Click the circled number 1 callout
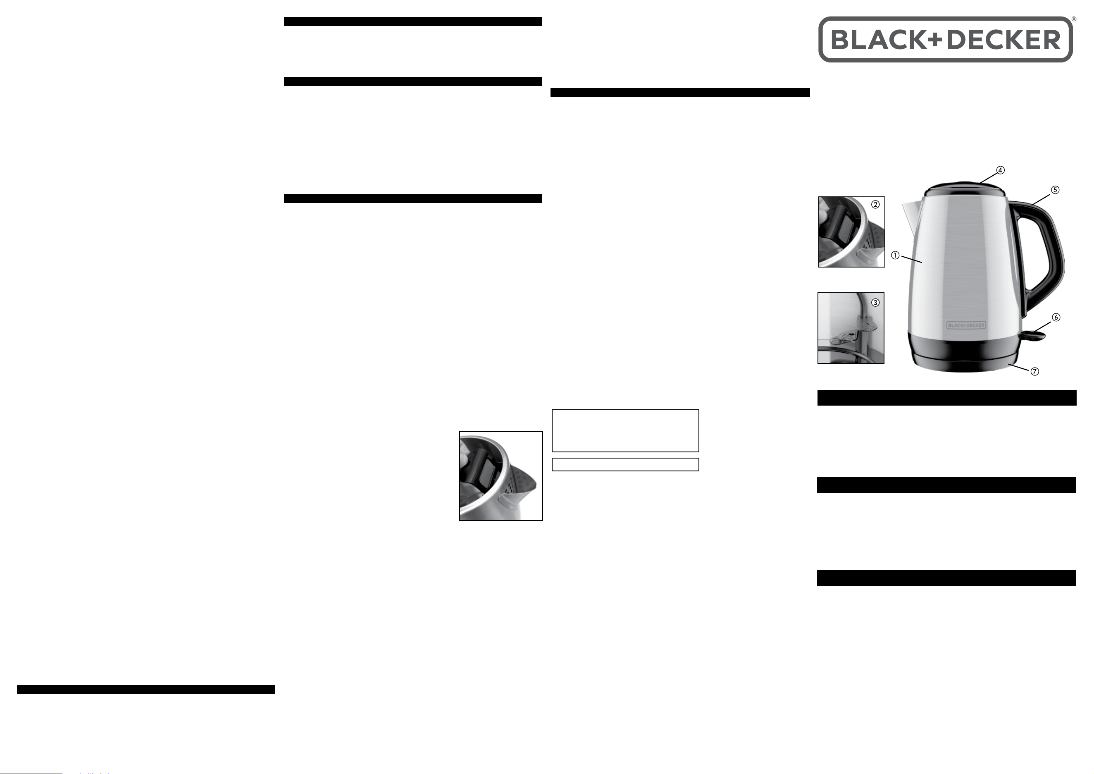[x=895, y=256]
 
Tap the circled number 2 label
[x=875, y=205]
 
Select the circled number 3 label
[x=875, y=302]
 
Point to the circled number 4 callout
[x=1001, y=170]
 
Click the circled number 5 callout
[x=1056, y=190]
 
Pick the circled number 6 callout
[x=1056, y=318]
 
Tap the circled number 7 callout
[x=1035, y=371]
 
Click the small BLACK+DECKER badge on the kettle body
[x=966, y=325]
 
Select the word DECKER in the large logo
[x=1004, y=40]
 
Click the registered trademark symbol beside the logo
[x=1073, y=19]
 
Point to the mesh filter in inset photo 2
[x=876, y=238]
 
